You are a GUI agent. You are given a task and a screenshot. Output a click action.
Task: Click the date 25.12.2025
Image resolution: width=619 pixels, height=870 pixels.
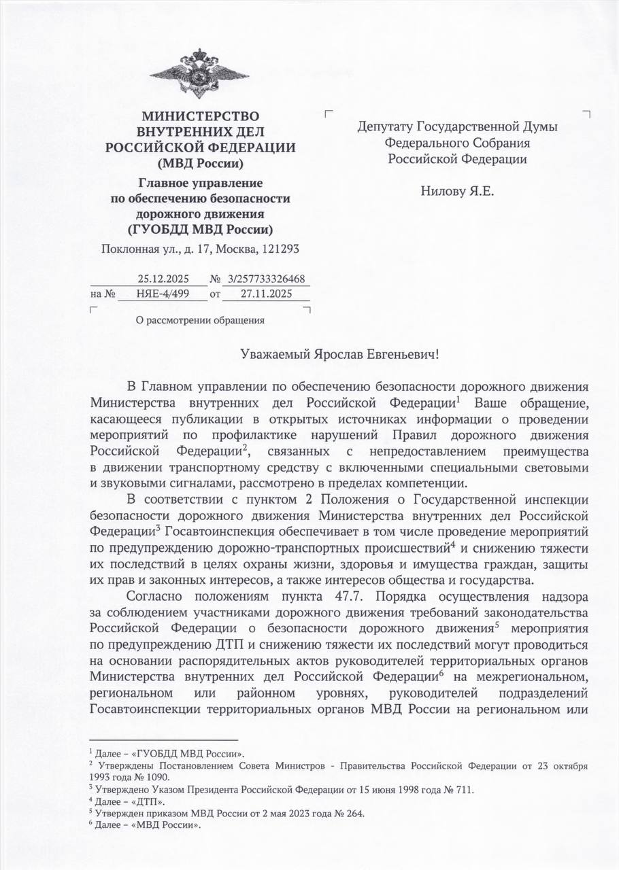163,279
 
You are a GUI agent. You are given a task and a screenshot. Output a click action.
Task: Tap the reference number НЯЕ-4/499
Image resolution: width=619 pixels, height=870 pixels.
162,294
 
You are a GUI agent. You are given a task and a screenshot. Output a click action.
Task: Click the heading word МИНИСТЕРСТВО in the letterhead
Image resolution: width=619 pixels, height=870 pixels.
200,116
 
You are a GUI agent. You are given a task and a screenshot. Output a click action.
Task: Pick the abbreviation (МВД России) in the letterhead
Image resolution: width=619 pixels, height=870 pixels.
200,162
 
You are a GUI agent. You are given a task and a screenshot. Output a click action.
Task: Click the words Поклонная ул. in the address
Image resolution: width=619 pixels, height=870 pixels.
133,249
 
